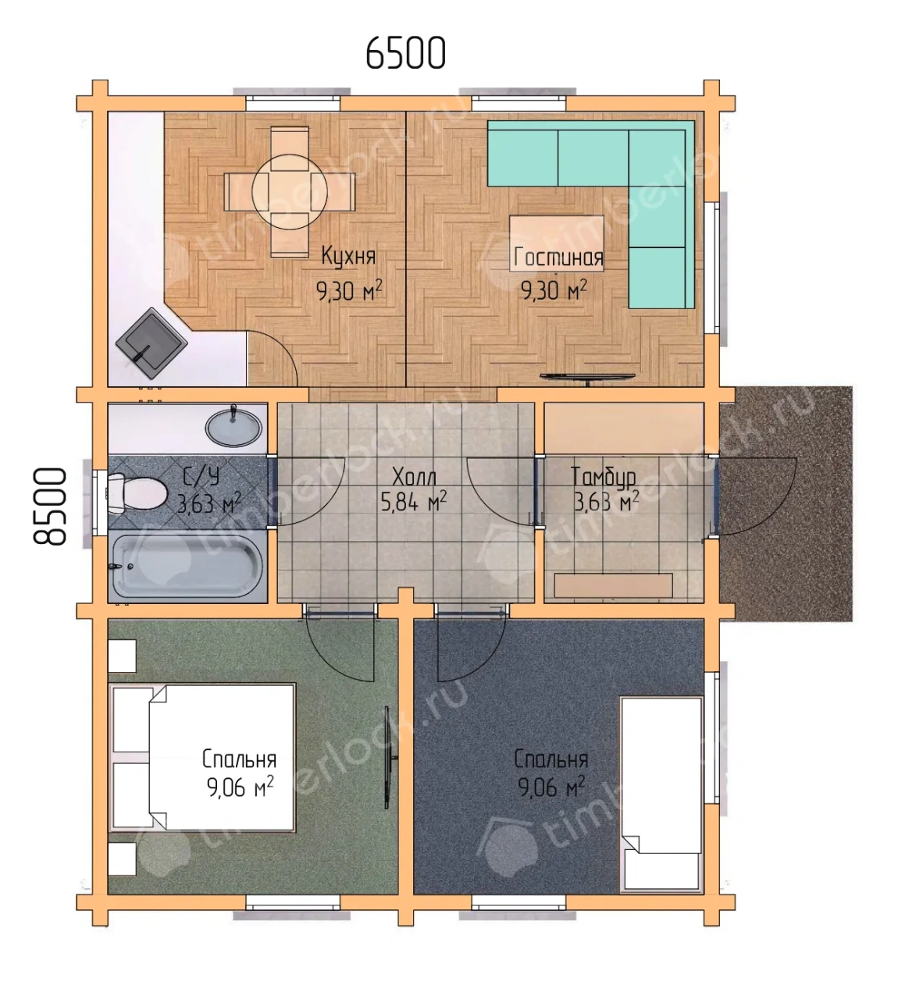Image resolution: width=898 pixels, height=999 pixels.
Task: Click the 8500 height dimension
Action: coord(50,507)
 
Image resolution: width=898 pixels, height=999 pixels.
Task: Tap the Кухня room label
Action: coord(348,256)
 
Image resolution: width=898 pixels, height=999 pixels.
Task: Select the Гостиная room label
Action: coord(558,258)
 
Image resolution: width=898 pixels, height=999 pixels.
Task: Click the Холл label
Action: coord(415,478)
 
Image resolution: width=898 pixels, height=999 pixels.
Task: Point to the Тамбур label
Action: coord(603,477)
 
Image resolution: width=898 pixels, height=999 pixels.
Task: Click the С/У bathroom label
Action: coord(201,478)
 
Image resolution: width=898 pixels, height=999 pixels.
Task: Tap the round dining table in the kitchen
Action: coord(290,191)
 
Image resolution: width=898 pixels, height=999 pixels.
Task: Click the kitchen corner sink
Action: coord(151,343)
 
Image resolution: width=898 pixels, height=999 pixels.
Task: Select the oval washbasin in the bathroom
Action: coord(233,427)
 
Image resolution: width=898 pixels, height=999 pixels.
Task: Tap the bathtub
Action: coord(187,568)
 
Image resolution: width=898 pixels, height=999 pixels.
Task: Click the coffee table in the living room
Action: coord(557,244)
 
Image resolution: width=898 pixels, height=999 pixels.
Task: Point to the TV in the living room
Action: coord(587,378)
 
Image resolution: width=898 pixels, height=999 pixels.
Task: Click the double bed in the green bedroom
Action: coord(202,757)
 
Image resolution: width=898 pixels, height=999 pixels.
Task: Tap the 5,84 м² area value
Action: coord(414,503)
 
